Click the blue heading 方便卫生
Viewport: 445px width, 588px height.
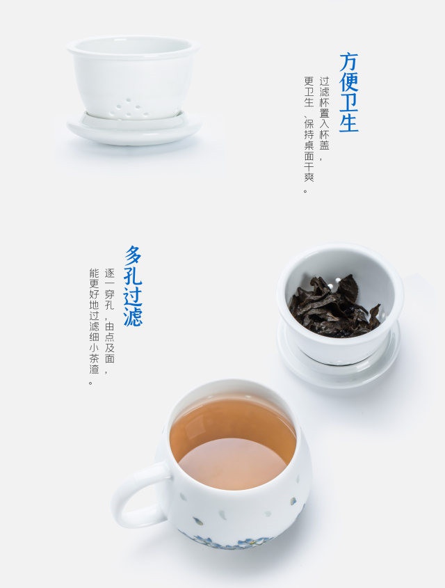(349, 93)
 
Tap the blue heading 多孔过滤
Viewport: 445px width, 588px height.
(133, 286)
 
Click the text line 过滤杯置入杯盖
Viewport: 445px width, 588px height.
(325, 113)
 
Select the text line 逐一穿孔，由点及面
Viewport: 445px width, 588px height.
(109, 316)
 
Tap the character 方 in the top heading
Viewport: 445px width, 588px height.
(349, 62)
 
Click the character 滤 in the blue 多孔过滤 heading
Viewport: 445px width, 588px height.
(133, 317)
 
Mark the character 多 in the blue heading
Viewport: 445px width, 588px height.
(133, 255)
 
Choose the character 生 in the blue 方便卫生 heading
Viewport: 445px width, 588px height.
(349, 122)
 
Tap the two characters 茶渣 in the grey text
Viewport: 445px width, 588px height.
(94, 363)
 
